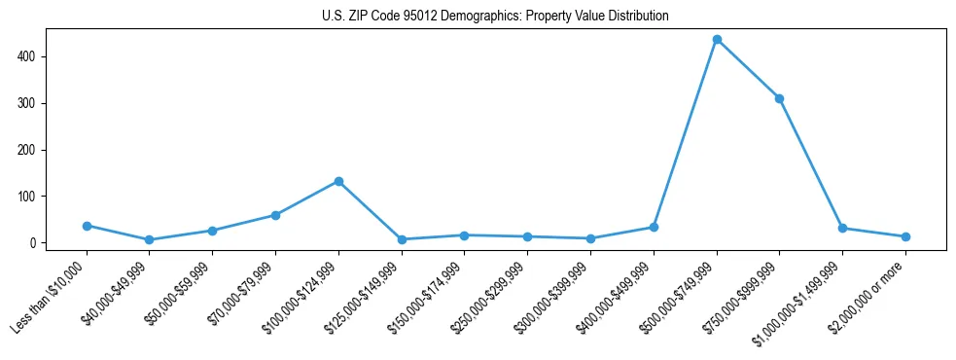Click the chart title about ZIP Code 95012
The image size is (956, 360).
pos(495,17)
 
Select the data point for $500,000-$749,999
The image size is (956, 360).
pos(717,40)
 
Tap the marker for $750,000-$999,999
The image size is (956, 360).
pos(779,98)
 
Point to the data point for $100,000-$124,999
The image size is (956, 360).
pos(338,181)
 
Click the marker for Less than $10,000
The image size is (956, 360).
pos(87,226)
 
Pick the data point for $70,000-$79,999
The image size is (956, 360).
pos(275,215)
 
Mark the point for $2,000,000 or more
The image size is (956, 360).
pos(905,236)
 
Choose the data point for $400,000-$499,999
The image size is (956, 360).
pos(654,227)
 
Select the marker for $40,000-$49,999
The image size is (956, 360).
pos(149,239)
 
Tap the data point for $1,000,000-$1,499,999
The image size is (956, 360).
pos(842,229)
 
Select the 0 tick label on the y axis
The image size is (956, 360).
pos(33,243)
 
